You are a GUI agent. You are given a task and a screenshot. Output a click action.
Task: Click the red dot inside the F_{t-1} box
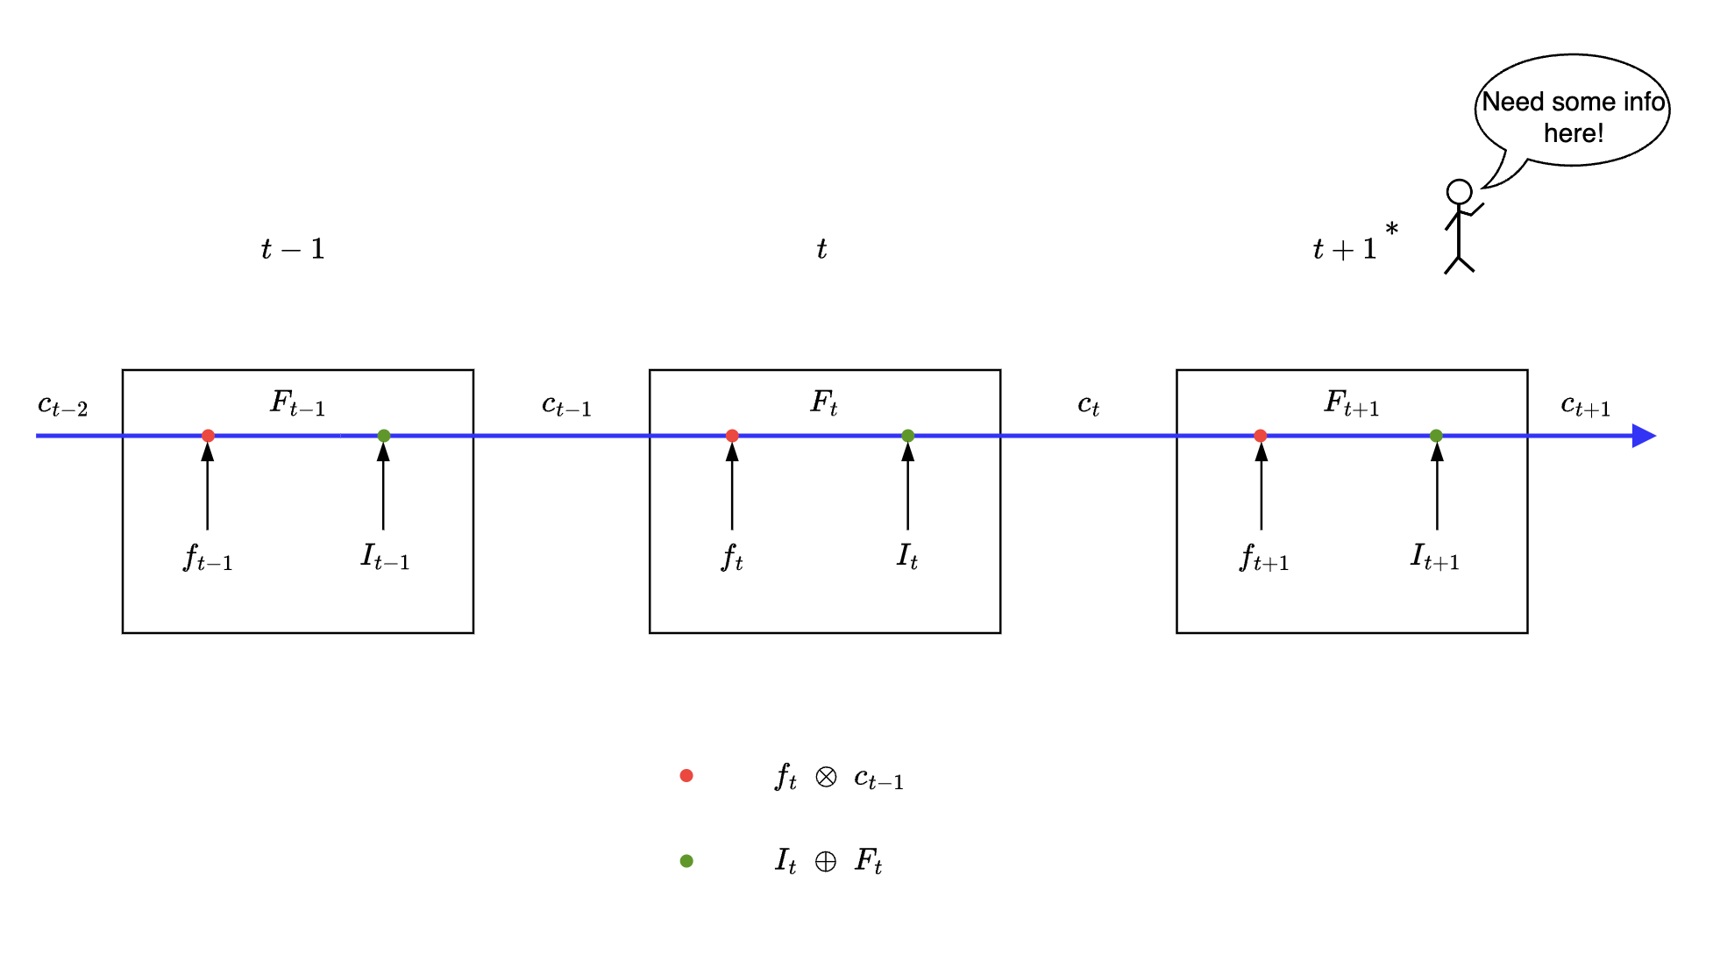[208, 436]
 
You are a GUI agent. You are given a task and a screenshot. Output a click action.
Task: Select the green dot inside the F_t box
[908, 436]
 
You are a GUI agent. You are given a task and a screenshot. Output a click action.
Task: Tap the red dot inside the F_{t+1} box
[1261, 436]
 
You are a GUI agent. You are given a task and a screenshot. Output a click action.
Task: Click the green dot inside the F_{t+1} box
[1436, 436]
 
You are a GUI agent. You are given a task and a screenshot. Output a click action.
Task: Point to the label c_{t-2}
[62, 405]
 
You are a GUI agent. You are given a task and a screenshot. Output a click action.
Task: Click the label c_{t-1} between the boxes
[566, 405]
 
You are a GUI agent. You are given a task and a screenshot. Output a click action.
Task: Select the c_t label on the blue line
[1088, 405]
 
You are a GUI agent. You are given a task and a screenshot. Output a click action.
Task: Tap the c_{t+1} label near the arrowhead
[1585, 405]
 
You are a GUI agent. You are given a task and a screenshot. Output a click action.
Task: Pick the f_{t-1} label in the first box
[208, 558]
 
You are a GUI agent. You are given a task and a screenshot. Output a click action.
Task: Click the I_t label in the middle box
[907, 556]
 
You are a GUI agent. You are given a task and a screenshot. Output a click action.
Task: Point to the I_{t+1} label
[1434, 558]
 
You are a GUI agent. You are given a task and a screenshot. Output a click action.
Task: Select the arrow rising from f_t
[732, 487]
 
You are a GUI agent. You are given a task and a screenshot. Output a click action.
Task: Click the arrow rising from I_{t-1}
[383, 487]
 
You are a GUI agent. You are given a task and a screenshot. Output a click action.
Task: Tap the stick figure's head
[1459, 192]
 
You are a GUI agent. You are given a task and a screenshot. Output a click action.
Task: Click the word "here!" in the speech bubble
[1574, 133]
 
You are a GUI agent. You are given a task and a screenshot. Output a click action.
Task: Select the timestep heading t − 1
[293, 249]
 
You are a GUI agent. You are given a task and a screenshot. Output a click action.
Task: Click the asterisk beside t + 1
[1391, 230]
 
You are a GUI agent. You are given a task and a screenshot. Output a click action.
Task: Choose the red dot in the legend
[686, 776]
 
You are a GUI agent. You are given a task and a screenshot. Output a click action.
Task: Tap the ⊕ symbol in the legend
[826, 862]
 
